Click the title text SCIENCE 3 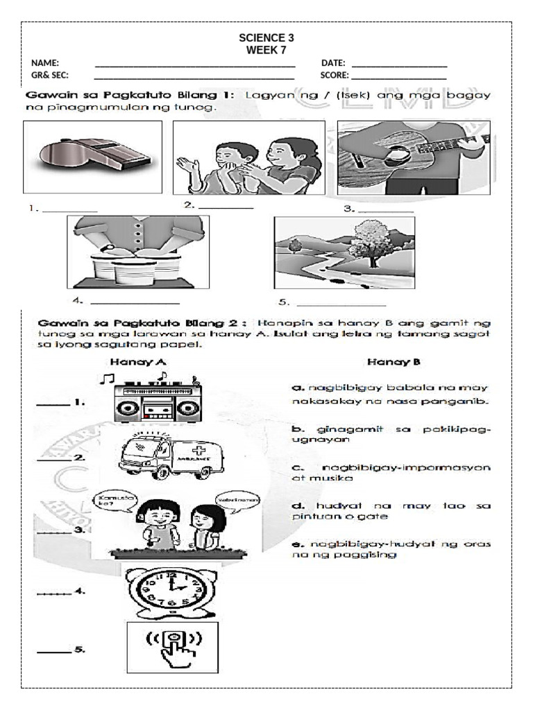tap(266, 38)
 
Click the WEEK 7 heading tap(266, 50)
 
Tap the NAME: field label tap(45, 63)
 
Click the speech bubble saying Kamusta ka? tap(113, 503)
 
